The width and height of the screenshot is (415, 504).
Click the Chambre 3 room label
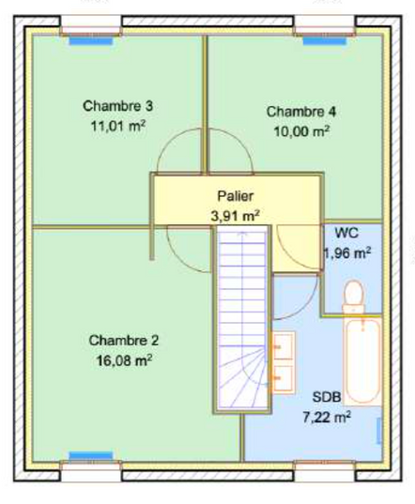point(118,106)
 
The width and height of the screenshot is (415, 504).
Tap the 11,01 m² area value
point(118,126)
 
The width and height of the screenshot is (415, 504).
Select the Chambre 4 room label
point(301,112)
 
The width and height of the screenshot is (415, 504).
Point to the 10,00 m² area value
point(301,131)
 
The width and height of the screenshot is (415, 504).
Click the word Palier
point(236,196)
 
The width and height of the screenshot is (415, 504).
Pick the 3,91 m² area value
point(236,216)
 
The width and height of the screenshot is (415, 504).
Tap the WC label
point(346,233)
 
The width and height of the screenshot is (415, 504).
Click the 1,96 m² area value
point(347,253)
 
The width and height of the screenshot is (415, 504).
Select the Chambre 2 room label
point(124,341)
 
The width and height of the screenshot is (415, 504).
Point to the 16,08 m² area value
point(124,360)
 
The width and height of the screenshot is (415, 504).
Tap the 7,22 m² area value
point(327,418)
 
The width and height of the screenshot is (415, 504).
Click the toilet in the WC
point(354,297)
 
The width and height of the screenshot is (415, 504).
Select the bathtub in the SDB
point(362,361)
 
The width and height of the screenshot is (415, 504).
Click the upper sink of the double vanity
point(283,346)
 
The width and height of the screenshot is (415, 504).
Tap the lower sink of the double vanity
point(283,378)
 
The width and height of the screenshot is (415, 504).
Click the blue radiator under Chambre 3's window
point(91,40)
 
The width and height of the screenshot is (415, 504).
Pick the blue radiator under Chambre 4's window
point(325,40)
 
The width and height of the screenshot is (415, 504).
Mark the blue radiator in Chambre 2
point(91,456)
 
